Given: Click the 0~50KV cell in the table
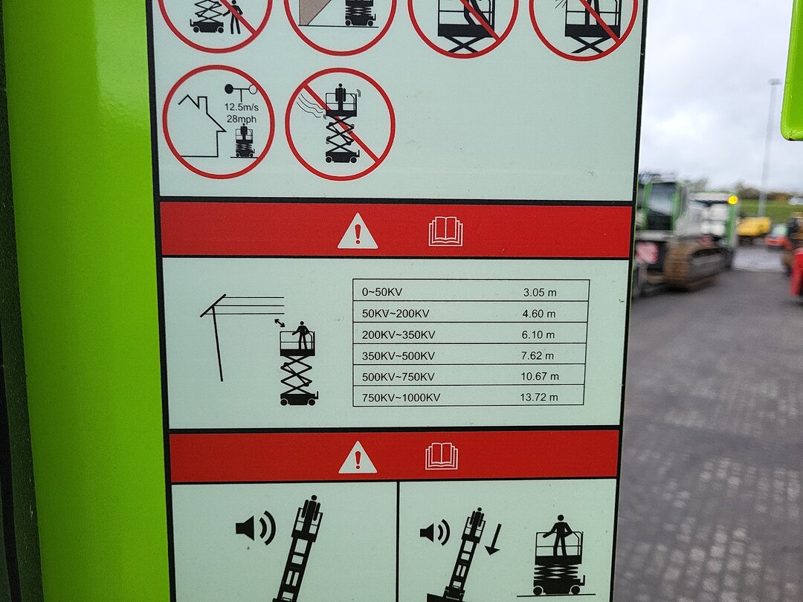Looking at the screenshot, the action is [x=382, y=292].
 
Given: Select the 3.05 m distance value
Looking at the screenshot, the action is [x=540, y=292].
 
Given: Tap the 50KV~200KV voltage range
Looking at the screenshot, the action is [x=396, y=314].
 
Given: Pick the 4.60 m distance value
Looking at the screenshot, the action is [x=539, y=314].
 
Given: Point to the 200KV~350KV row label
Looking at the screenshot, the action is [x=399, y=334].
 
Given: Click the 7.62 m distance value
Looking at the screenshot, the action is [x=538, y=355].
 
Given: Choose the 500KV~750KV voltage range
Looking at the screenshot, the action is [x=398, y=377].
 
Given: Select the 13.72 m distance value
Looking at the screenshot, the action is [x=539, y=397].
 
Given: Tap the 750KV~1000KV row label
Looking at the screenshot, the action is [x=401, y=397].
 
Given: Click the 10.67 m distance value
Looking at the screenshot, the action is [x=540, y=376].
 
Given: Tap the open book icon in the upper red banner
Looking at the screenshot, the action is [x=445, y=231].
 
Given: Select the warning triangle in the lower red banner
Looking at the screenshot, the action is [x=358, y=457].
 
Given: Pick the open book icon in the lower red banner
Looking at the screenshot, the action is [x=442, y=456].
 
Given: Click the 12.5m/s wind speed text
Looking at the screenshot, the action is [x=241, y=108].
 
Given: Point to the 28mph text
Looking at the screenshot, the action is [x=241, y=119].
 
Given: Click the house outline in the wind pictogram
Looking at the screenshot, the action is [x=201, y=126].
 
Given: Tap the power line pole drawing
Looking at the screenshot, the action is [x=218, y=338].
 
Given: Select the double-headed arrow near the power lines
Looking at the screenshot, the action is [x=280, y=323].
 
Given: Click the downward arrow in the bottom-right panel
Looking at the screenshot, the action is [x=493, y=540].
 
